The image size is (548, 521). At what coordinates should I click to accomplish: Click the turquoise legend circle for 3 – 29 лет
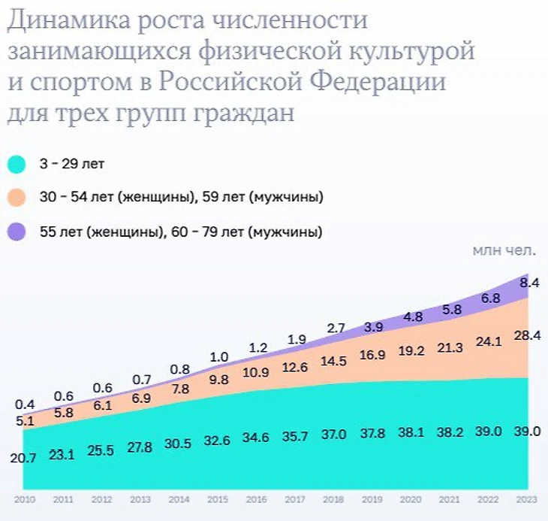[17, 163]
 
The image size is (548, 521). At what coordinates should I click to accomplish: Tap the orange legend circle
[17, 198]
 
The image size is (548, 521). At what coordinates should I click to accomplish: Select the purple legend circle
[17, 232]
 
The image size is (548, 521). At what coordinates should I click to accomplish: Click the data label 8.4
[530, 283]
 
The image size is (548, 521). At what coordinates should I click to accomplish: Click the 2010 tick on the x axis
[26, 498]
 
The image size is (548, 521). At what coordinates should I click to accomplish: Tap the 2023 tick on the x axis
[527, 498]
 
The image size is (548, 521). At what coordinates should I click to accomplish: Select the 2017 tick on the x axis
[295, 498]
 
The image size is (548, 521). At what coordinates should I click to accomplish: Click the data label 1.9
[296, 339]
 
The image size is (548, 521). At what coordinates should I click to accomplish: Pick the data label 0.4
[26, 404]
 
